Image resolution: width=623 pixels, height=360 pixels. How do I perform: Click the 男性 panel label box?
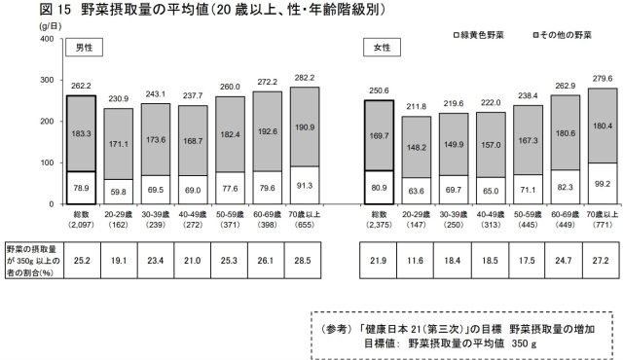(x=84, y=48)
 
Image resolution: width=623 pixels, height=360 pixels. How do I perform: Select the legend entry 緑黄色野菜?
(x=478, y=35)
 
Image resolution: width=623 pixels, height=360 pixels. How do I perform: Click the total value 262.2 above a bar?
(x=79, y=85)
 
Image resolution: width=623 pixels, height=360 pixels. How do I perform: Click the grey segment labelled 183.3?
(x=79, y=133)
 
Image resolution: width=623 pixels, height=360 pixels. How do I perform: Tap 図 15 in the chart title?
(x=24, y=9)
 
